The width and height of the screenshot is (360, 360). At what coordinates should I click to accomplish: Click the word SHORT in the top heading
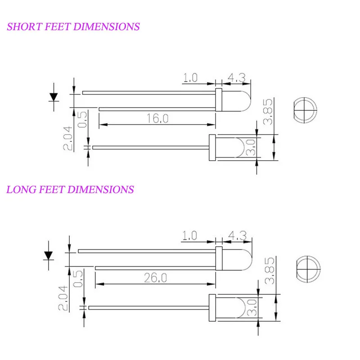click(x=25, y=27)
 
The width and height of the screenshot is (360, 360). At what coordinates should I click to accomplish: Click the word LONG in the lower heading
click(x=21, y=189)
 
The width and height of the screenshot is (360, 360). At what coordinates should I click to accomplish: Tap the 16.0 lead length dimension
click(x=157, y=118)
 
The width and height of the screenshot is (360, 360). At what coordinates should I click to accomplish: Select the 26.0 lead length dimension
click(x=155, y=278)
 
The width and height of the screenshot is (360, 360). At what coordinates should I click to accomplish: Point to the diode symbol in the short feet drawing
click(x=54, y=97)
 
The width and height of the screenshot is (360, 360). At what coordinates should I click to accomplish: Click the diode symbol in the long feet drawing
click(x=49, y=256)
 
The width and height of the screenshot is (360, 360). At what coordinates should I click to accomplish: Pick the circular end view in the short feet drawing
click(x=306, y=110)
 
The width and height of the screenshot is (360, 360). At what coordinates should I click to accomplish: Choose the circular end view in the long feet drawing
click(x=308, y=269)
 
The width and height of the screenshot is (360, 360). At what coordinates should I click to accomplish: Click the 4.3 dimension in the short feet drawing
click(x=237, y=77)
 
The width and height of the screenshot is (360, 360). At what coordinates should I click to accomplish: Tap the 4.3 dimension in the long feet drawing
click(x=238, y=235)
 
